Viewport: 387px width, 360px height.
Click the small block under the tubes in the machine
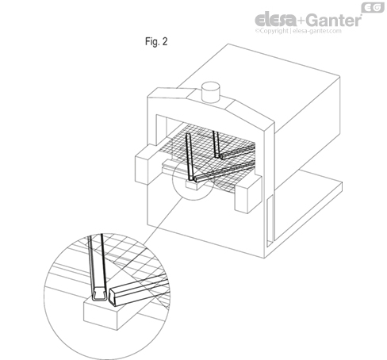(x=193, y=186)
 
